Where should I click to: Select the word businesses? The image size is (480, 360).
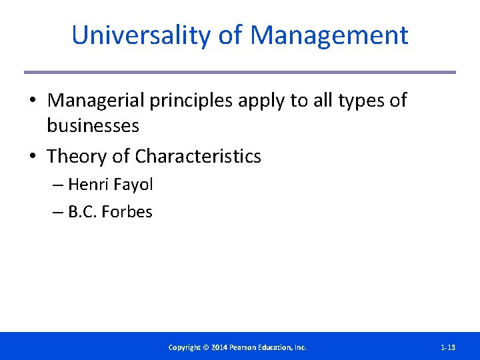(93, 125)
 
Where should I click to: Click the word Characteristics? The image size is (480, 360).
(198, 157)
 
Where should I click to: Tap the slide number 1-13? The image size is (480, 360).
(448, 347)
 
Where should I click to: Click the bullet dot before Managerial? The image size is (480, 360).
(32, 101)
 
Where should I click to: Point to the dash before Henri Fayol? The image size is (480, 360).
(58, 185)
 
